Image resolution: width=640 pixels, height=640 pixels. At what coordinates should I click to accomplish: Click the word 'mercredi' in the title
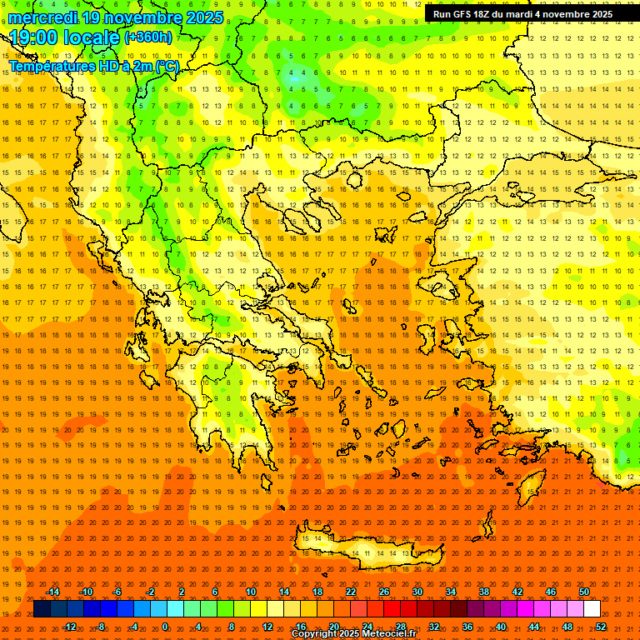click(x=44, y=17)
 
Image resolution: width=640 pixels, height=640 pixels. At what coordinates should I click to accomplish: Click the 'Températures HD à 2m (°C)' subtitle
click(x=93, y=66)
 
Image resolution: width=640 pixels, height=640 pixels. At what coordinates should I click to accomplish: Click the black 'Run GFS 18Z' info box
click(x=522, y=14)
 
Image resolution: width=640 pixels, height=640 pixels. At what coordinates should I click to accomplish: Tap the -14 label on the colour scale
click(x=52, y=592)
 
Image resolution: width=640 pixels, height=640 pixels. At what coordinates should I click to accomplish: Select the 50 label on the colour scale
click(x=584, y=592)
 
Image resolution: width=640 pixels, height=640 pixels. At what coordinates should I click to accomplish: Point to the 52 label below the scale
click(x=601, y=626)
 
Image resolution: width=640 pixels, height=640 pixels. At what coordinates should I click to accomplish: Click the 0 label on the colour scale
click(x=165, y=626)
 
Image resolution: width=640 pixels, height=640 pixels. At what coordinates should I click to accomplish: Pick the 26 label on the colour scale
click(x=384, y=592)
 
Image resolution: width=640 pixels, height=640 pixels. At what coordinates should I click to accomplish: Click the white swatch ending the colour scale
click(x=592, y=609)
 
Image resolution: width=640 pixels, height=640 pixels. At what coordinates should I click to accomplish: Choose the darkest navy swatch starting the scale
click(x=42, y=609)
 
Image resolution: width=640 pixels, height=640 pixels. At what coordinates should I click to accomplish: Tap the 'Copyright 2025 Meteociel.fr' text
click(x=353, y=634)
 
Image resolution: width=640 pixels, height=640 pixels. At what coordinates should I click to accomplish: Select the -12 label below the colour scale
click(x=69, y=626)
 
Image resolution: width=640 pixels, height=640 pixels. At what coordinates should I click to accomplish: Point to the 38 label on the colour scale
click(x=484, y=592)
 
